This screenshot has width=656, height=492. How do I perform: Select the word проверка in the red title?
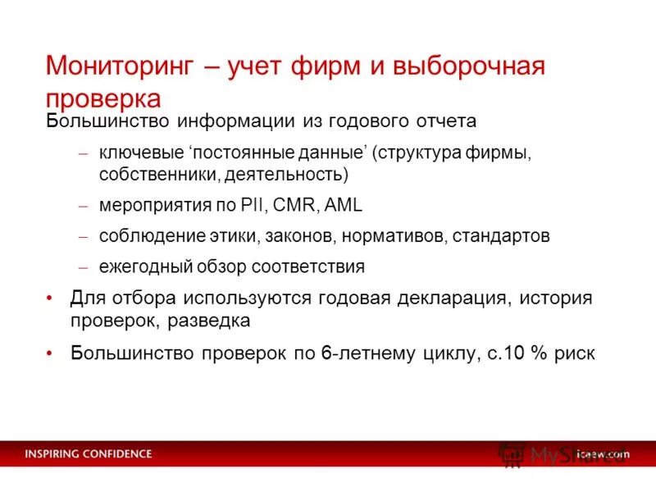(103, 98)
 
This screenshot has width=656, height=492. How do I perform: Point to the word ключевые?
(133, 153)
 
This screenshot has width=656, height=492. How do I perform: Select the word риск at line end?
(574, 353)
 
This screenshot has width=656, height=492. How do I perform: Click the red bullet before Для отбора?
(51, 298)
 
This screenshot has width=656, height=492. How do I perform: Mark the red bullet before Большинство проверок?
(51, 353)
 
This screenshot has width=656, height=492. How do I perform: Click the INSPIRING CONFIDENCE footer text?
(88, 453)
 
